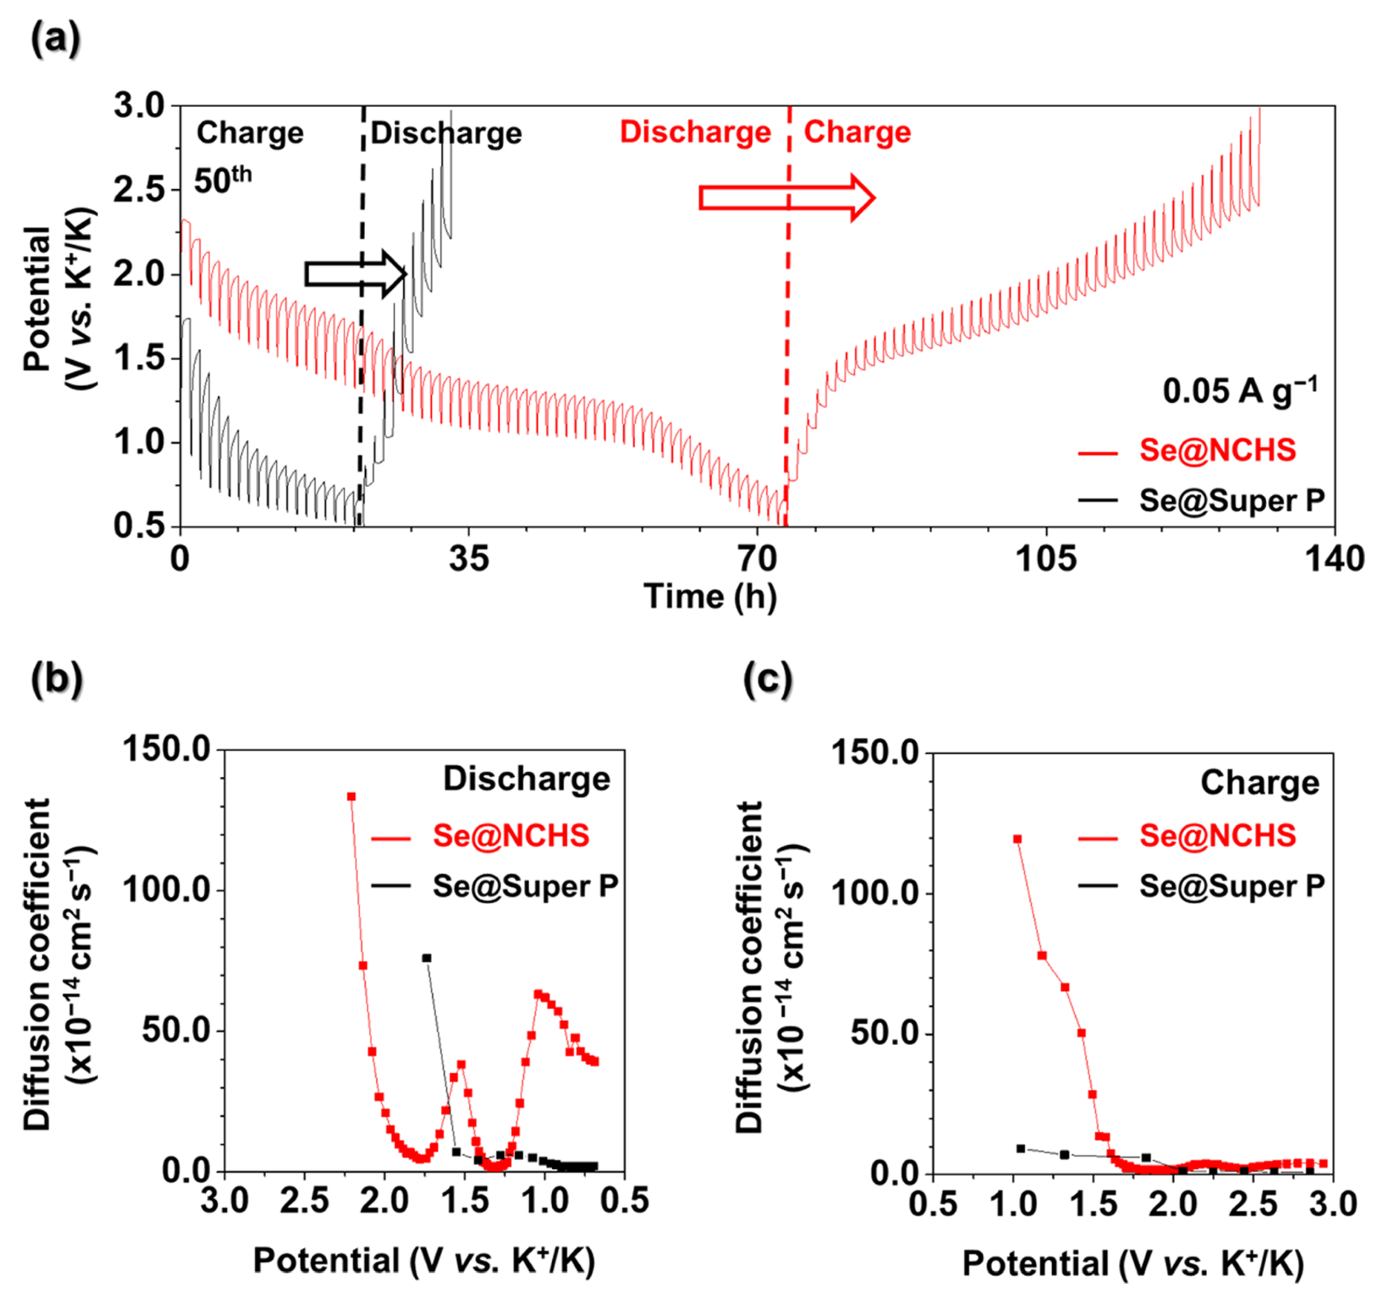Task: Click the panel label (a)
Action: coord(56,40)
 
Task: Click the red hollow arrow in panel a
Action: coord(786,198)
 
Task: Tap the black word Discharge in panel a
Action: coord(446,133)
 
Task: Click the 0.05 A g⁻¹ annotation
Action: coord(1239,391)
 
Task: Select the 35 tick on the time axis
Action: coord(469,560)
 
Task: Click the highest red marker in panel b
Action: coord(351,797)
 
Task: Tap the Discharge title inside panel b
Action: coord(527,779)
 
